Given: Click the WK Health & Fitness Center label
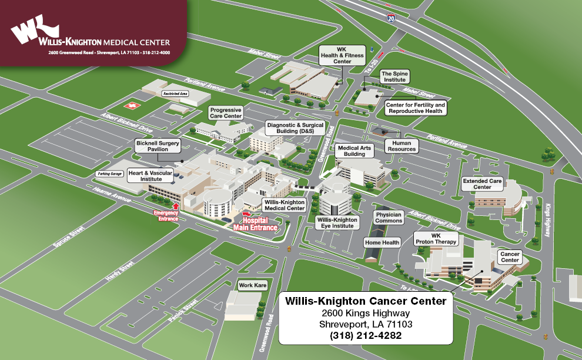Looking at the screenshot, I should coord(342,55).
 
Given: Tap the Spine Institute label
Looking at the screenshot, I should coord(394,76).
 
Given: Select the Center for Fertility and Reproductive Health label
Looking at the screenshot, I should coord(415,108).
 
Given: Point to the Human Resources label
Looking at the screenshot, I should coord(402,146).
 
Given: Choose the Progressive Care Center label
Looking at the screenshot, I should coord(226,113).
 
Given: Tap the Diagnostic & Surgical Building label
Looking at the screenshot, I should coord(295,128).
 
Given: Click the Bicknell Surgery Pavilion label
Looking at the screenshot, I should coord(158,146).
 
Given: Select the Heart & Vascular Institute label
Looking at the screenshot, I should coord(150,176).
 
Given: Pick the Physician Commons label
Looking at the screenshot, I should coord(389,217).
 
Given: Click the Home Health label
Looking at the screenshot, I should coord(382,242).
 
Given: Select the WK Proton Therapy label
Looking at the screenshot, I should coord(436,238).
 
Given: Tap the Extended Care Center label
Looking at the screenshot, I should coord(482,184).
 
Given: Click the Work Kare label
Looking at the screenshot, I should coord(253,285).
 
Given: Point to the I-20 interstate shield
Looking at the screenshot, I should coord(391,18).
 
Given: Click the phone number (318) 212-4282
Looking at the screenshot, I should coord(366,335).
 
